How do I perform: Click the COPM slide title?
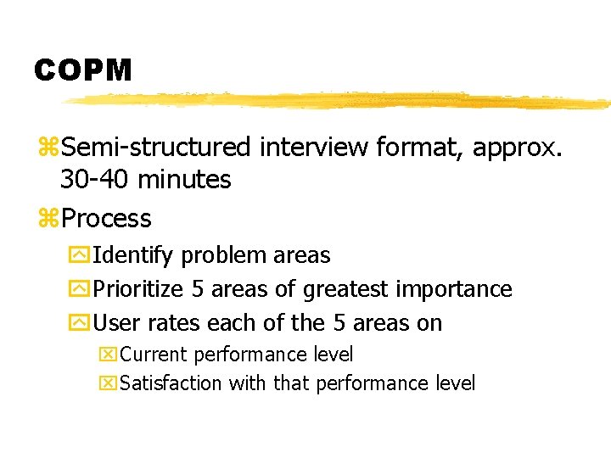point(83,70)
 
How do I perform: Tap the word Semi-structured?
point(156,148)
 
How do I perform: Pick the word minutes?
point(184,180)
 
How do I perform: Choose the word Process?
point(106,219)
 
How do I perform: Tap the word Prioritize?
point(138,289)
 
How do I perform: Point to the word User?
point(115,323)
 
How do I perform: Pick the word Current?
point(154,355)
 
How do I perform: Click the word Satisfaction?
point(172,383)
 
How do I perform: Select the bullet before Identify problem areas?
point(81,255)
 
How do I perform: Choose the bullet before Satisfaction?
point(109,383)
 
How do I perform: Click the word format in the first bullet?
point(408,148)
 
